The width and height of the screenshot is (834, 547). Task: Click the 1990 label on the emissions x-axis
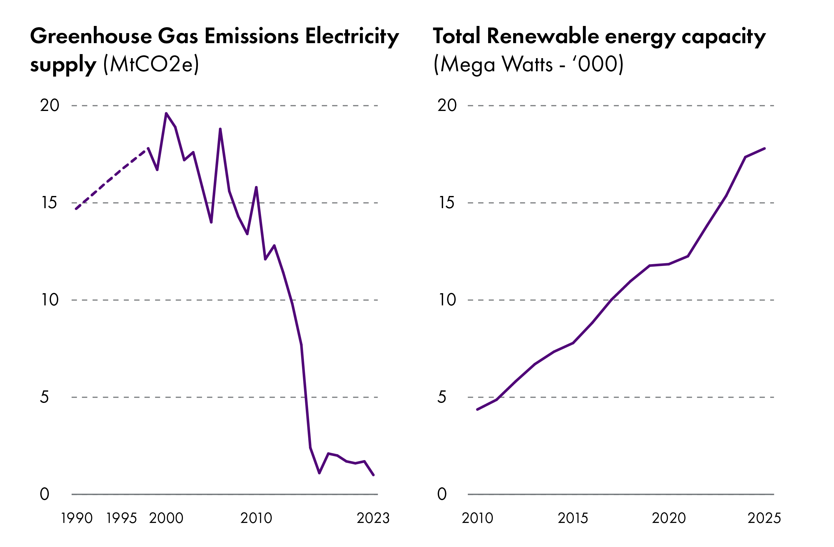[77, 518]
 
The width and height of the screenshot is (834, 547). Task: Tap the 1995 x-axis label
[122, 518]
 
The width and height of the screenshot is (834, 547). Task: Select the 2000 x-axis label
[166, 518]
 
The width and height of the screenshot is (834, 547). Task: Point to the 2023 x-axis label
[373, 518]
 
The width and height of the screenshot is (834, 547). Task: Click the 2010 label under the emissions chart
[256, 518]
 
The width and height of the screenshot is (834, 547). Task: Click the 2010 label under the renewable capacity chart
[477, 518]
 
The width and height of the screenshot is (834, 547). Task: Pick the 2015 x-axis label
[573, 518]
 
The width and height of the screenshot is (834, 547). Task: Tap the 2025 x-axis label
[764, 518]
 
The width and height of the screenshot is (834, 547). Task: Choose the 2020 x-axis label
[669, 518]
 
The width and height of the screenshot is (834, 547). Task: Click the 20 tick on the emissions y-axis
[50, 105]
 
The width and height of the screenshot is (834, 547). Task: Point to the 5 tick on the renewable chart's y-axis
[442, 397]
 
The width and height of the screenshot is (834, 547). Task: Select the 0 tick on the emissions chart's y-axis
[44, 494]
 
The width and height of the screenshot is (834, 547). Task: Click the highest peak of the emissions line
[166, 113]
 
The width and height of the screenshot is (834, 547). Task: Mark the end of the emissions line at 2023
[374, 475]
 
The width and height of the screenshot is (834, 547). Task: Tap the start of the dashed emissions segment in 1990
[76, 209]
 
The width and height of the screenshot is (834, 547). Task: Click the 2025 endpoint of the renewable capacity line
[765, 148]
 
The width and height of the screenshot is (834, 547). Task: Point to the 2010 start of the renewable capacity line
[477, 409]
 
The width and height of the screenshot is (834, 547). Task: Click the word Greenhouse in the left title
[91, 37]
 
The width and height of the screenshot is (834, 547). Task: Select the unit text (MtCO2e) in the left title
[151, 64]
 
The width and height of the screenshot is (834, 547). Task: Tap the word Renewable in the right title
[543, 37]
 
